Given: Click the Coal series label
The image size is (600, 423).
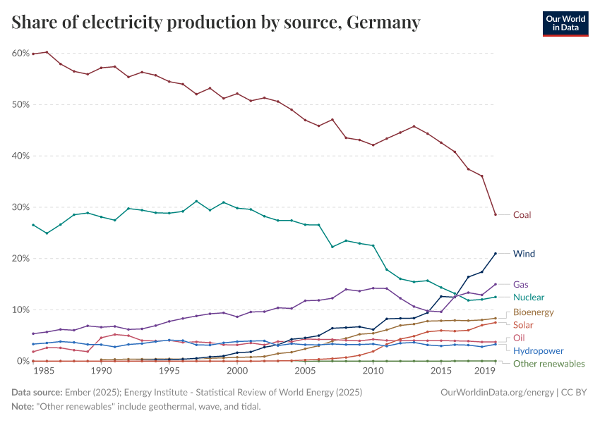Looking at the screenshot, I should pos(522,215).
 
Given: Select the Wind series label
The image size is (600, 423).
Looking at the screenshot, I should pos(524,254).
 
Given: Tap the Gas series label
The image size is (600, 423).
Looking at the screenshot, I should pos(521,285).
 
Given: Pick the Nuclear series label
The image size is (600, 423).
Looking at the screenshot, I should pos(529,298).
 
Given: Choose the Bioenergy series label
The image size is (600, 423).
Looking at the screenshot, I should pos(533,312).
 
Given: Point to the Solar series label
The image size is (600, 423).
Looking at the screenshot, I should pos(523,325).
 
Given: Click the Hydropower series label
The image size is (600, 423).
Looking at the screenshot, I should pos(538,350).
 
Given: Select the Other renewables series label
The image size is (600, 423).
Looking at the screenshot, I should pos(548,364).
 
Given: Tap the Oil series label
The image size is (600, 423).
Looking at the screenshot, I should pos(519,338).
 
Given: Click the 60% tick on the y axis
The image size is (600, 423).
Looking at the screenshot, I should pos(20,54).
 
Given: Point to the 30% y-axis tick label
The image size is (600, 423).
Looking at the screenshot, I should pos(20,207).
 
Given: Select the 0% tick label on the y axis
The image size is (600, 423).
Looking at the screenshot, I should pos(22,361).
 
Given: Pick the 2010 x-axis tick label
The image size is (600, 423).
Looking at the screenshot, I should pos(373,371).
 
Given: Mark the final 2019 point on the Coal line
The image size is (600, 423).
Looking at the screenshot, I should pos(496,214).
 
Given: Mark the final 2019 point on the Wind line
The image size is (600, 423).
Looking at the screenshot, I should pos(496,253).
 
